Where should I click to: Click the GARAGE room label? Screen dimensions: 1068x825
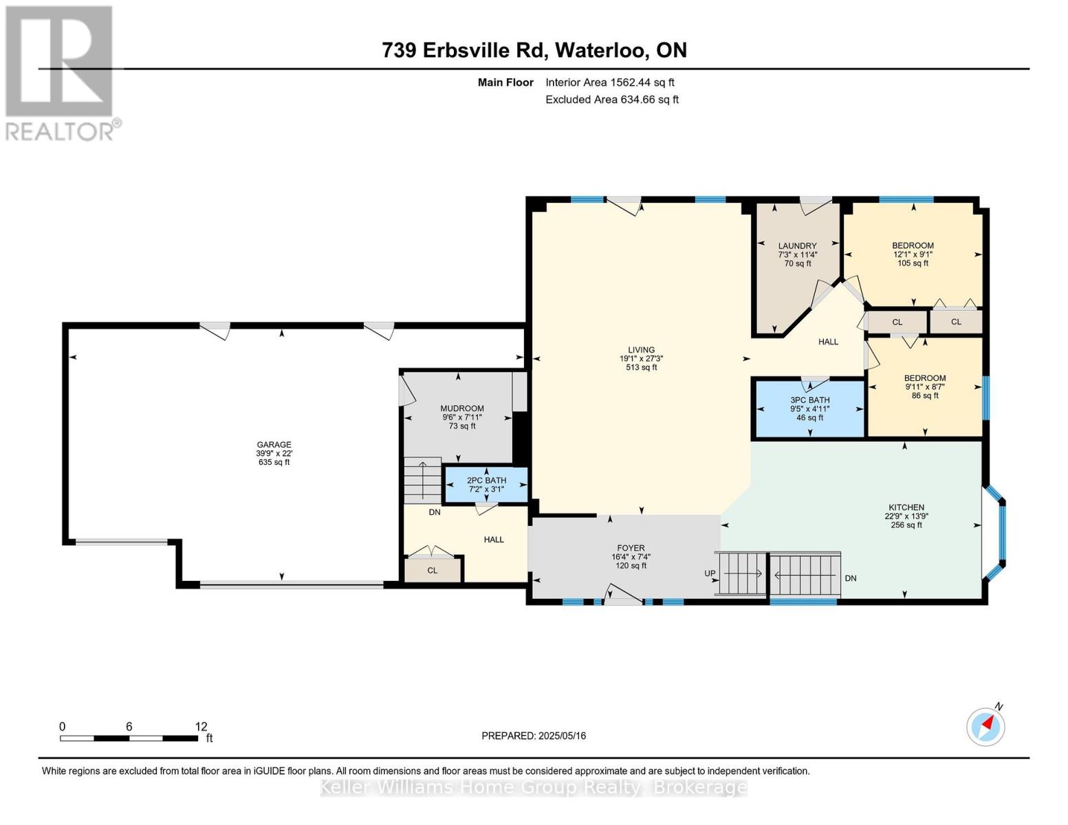click(274, 445)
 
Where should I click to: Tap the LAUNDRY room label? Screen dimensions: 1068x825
click(797, 245)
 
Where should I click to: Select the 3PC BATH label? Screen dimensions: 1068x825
click(810, 400)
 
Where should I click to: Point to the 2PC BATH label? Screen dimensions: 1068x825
click(486, 481)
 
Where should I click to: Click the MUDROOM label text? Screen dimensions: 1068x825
click(462, 408)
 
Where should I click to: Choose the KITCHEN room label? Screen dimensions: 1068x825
click(906, 507)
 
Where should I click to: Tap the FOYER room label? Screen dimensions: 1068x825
click(631, 548)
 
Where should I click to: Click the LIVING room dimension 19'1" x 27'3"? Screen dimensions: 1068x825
click(642, 359)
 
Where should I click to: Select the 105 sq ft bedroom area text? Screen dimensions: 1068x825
click(913, 263)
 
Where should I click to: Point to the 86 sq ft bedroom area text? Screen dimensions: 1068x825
click(925, 395)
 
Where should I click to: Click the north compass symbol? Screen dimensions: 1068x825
click(985, 727)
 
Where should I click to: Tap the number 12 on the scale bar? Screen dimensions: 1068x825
click(201, 727)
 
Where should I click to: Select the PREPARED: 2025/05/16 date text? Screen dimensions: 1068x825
click(534, 736)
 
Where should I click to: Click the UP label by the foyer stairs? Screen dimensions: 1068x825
click(710, 573)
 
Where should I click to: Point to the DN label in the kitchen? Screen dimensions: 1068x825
click(850, 578)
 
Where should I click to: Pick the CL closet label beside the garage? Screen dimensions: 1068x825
click(432, 571)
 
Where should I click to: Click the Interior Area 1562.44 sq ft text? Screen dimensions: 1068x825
click(610, 82)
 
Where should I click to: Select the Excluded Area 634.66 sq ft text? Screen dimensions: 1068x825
click(612, 100)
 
